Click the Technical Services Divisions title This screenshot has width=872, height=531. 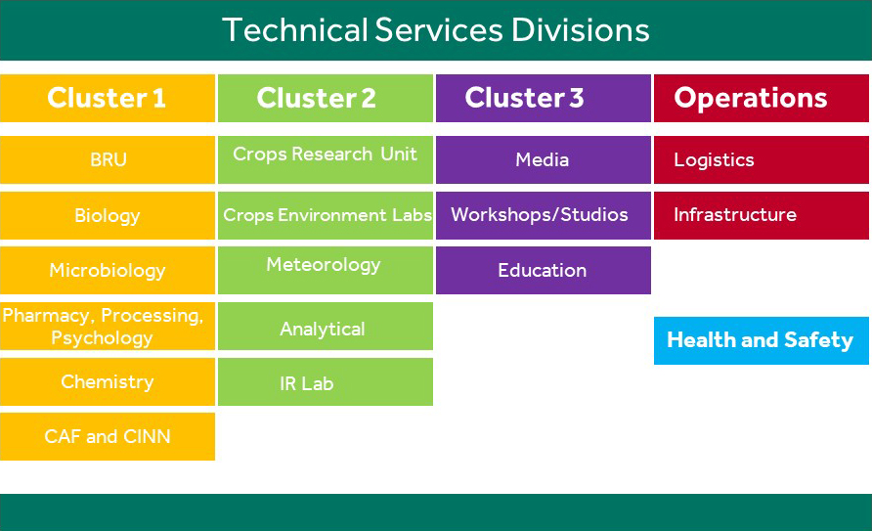[435, 30]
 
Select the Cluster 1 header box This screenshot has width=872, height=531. [108, 98]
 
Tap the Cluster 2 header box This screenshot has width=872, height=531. [326, 98]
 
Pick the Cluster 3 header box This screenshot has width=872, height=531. [544, 98]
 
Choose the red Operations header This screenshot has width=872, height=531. [762, 98]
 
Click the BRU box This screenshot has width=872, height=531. [108, 159]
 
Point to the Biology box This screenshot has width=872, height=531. [108, 215]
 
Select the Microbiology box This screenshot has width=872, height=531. [108, 270]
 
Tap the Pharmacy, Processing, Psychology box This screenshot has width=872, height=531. [108, 326]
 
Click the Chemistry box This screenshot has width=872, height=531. [108, 381]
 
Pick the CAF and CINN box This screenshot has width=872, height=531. [108, 436]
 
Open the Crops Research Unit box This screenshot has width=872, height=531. [326, 159]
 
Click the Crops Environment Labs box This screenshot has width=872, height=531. [326, 215]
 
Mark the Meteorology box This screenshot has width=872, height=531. [326, 270]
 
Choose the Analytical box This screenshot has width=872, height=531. [326, 326]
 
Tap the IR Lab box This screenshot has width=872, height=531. [326, 381]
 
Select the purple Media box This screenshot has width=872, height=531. [544, 159]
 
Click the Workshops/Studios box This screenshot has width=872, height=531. [544, 215]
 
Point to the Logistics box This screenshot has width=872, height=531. [762, 159]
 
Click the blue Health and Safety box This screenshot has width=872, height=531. [762, 340]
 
